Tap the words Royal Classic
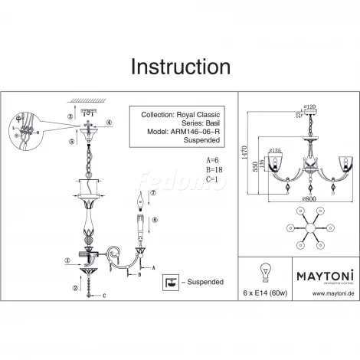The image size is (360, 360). pyautogui.click(x=198, y=114)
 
